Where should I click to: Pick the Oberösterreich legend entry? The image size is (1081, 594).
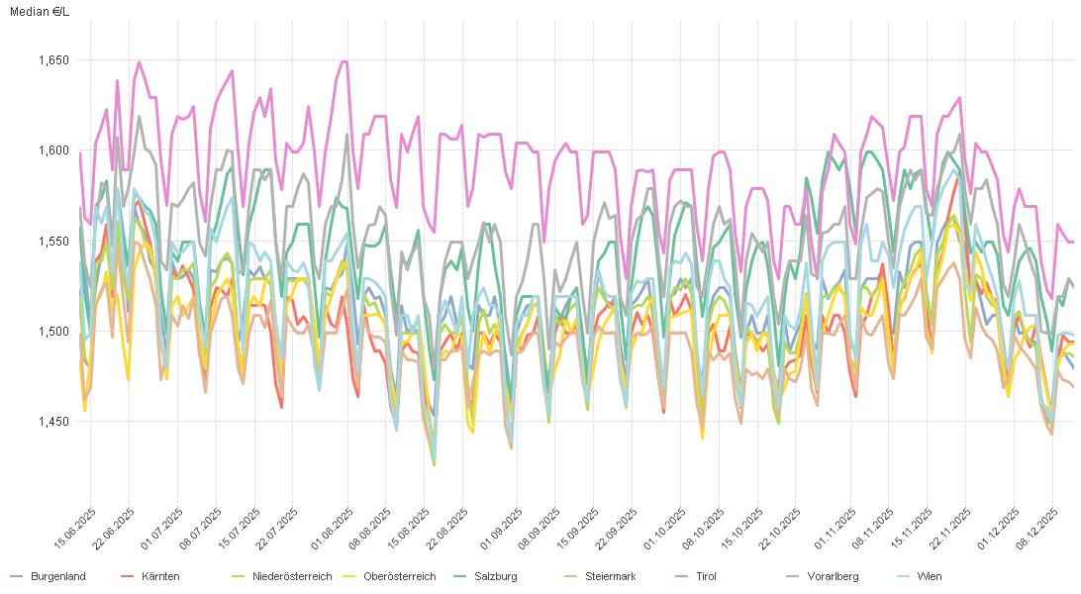point(399,576)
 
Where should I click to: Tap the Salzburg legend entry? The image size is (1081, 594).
point(495,576)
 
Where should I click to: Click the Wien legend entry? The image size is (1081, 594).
point(929,576)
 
